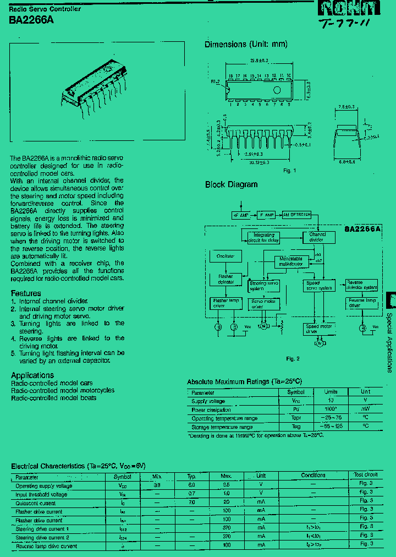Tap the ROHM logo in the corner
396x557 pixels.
coord(349,8)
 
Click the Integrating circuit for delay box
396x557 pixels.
coord(263,237)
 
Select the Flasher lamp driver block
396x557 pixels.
coord(226,303)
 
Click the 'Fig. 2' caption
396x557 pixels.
coord(293,359)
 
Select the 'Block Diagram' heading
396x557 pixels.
coord(231,184)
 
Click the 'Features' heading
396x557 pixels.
coord(26,293)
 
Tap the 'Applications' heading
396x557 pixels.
coord(32,375)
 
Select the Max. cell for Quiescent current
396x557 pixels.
coord(226,503)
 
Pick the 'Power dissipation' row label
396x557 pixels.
coord(211,409)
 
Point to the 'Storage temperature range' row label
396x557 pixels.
coord(222,427)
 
